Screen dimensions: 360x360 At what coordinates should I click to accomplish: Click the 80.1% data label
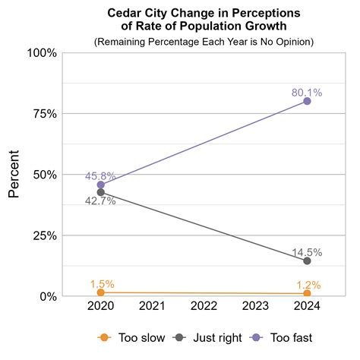pyautogui.click(x=307, y=93)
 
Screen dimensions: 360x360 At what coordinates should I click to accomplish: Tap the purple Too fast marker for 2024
pyautogui.click(x=307, y=101)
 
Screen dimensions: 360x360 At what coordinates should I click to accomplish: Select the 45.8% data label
pyautogui.click(x=100, y=176)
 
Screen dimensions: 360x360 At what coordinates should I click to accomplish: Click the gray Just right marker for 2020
pyautogui.click(x=100, y=192)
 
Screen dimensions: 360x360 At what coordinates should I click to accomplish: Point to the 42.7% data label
pyautogui.click(x=100, y=201)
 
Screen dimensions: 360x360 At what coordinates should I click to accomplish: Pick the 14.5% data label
pyautogui.click(x=307, y=252)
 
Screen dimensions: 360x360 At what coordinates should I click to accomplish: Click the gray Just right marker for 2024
pyautogui.click(x=307, y=261)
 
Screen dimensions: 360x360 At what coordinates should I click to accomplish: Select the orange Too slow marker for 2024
pyautogui.click(x=307, y=293)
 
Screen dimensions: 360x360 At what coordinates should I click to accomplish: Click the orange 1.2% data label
pyautogui.click(x=307, y=285)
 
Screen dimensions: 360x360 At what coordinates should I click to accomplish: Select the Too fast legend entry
pyautogui.click(x=280, y=337)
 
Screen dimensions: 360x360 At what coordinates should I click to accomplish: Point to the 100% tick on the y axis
pyautogui.click(x=43, y=53)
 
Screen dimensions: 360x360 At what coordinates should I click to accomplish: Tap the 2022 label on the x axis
pyautogui.click(x=204, y=306)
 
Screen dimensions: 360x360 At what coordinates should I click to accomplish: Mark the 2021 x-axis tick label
pyautogui.click(x=152, y=306)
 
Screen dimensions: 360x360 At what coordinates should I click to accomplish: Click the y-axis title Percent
pyautogui.click(x=14, y=175)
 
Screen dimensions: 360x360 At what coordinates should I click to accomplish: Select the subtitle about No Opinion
pyautogui.click(x=204, y=41)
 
